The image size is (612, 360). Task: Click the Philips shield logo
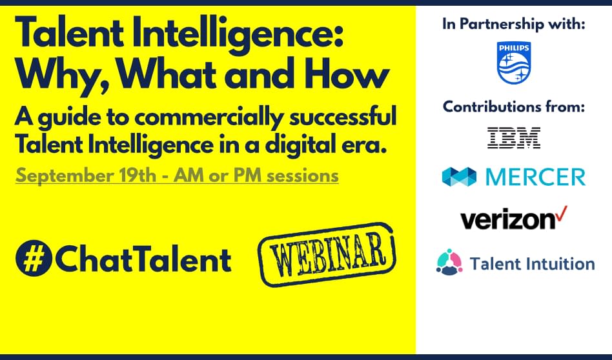click(514, 63)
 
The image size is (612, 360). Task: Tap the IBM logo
click(514, 138)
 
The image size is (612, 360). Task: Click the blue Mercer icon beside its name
click(459, 177)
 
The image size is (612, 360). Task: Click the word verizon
click(507, 219)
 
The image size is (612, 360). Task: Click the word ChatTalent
click(142, 259)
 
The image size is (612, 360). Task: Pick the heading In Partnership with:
click(514, 25)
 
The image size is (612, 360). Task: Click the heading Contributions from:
click(514, 106)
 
